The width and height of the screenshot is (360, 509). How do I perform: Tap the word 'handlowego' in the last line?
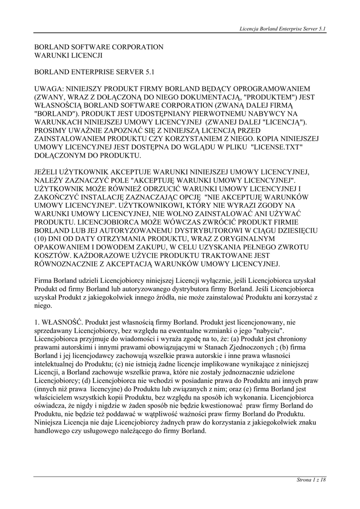52,431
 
